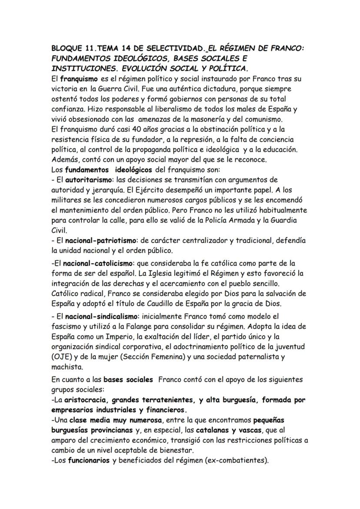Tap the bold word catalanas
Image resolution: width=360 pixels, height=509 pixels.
tap(213, 430)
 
